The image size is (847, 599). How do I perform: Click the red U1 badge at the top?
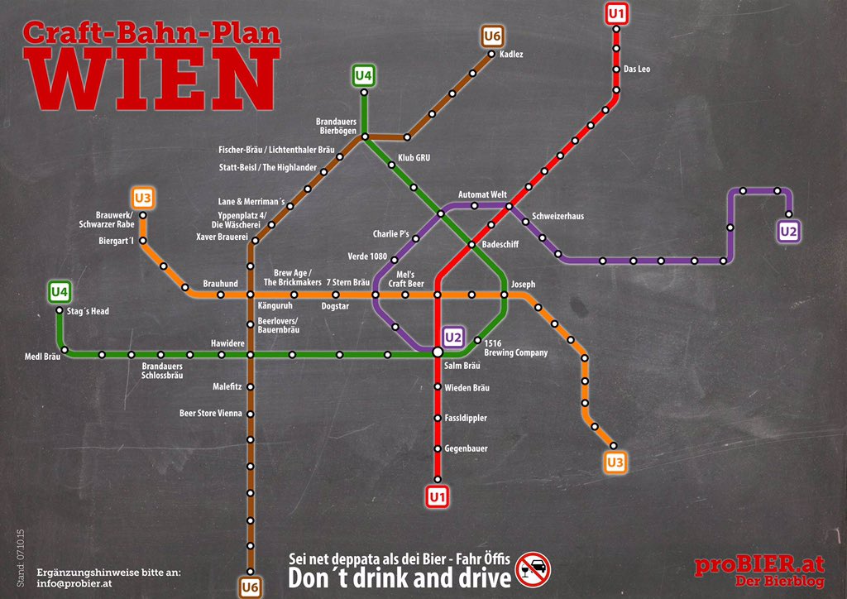coord(616,14)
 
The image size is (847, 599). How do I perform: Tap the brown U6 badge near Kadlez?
coord(493,36)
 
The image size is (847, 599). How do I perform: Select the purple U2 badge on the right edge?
coord(788,232)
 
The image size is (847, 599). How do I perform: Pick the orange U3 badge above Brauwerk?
coord(142,199)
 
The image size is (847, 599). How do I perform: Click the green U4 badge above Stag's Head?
coord(59,291)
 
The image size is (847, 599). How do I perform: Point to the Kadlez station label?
coord(511,55)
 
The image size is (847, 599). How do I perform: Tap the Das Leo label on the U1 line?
coord(636,69)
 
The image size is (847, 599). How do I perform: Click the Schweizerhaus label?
coord(557,216)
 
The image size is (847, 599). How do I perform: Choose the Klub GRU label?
coord(414,157)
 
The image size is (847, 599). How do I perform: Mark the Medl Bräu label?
coord(42,357)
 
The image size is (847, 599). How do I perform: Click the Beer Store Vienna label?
coord(211,413)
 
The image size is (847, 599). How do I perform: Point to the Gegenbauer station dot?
coord(438,448)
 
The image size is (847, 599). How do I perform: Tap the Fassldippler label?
coord(466,418)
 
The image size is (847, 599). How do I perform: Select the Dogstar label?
coord(335,306)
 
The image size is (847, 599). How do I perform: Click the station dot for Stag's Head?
coord(60,311)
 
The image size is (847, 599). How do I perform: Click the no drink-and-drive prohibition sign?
coord(533,569)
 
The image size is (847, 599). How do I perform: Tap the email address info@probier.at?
coord(74,583)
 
